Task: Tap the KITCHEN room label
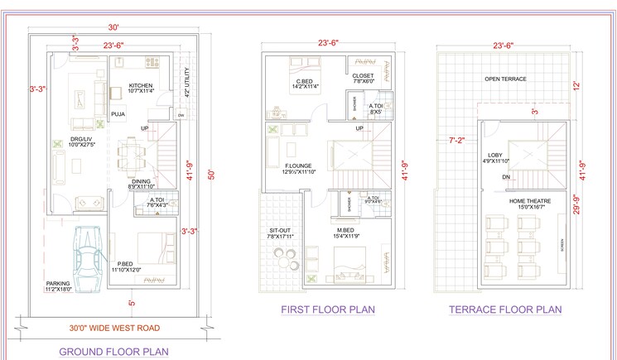point(141,85)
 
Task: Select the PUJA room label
point(118,115)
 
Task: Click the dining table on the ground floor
point(131,155)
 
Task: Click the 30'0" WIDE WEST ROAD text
point(114,329)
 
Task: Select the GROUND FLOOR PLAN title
point(113,352)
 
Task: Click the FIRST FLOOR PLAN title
point(328,310)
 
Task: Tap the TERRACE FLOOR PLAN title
point(505,310)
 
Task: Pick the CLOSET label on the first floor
point(364,76)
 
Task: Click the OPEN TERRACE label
point(505,79)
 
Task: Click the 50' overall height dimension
point(211,175)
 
